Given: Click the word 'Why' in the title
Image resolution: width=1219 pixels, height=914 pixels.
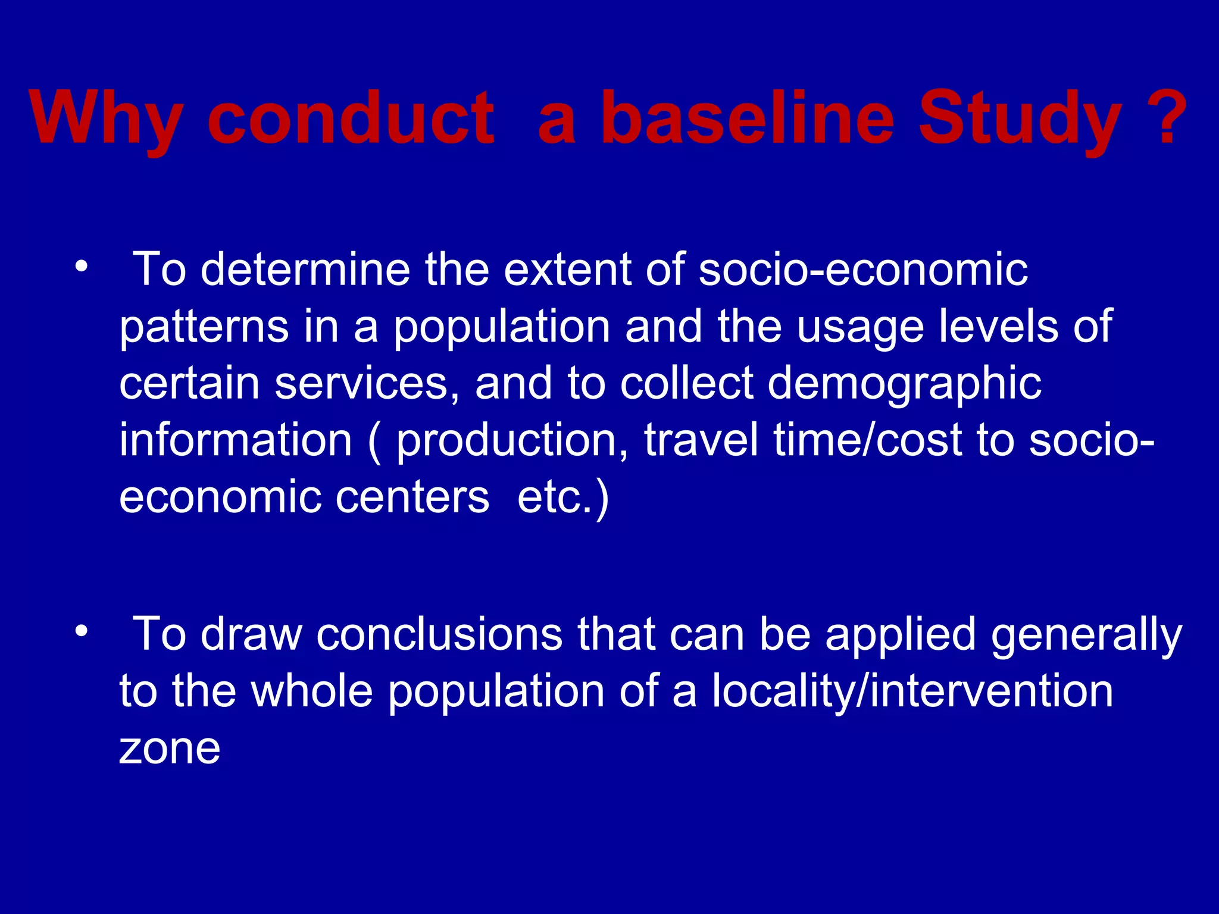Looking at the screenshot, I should pyautogui.click(x=106, y=119).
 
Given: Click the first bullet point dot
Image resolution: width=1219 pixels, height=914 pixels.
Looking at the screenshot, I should pyautogui.click(x=82, y=266).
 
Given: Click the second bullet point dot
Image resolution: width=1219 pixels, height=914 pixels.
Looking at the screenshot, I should pyautogui.click(x=82, y=630).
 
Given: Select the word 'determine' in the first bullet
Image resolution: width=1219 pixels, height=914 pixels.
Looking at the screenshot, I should pyautogui.click(x=305, y=270).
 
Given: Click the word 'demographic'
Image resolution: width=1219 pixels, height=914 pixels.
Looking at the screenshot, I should pyautogui.click(x=905, y=384).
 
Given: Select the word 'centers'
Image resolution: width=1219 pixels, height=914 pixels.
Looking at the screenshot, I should pyautogui.click(x=412, y=497).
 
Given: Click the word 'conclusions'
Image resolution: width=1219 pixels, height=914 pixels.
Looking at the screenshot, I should pyautogui.click(x=439, y=634).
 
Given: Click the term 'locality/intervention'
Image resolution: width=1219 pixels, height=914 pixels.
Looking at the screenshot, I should pyautogui.click(x=912, y=692).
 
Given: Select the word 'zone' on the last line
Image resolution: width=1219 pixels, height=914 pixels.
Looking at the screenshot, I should pyautogui.click(x=170, y=749).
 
